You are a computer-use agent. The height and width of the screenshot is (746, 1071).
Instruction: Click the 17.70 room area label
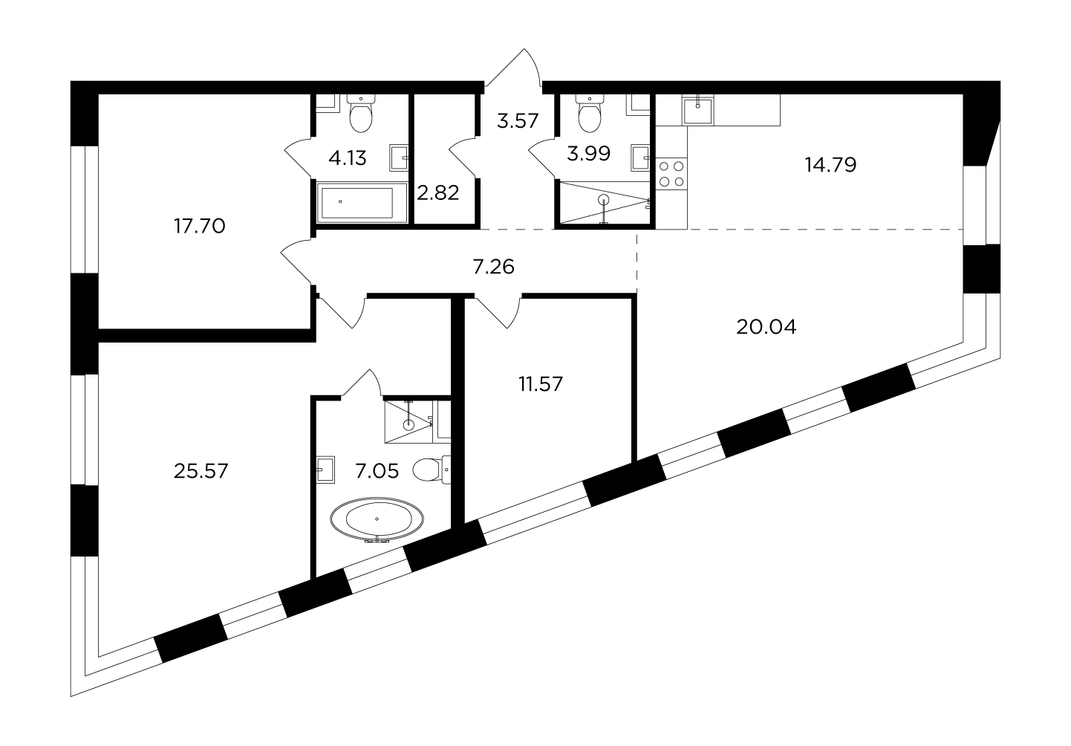(199, 226)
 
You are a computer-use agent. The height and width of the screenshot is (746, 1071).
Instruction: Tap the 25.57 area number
(201, 471)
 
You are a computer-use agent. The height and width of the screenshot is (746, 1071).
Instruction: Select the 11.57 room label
(541, 384)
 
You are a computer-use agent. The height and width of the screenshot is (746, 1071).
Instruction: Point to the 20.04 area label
(766, 327)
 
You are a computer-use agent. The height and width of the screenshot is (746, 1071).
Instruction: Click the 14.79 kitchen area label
(830, 165)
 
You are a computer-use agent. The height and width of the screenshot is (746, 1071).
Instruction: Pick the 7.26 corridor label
(493, 267)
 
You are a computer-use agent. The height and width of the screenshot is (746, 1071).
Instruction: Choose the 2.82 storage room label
(438, 192)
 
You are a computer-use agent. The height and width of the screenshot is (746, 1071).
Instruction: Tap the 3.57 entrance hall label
(518, 121)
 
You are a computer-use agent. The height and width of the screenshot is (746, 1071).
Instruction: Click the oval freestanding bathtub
(377, 520)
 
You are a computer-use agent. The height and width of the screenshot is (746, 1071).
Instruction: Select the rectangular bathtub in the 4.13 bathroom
(362, 202)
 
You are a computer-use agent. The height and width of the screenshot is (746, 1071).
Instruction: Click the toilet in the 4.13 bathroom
(361, 113)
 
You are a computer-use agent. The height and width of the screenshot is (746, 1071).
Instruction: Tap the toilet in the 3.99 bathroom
(590, 113)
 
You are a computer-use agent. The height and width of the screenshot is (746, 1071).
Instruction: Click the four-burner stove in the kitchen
(671, 174)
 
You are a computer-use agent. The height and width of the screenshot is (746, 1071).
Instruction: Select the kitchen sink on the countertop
(698, 111)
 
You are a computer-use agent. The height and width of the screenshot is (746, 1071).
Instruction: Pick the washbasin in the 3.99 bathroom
(640, 158)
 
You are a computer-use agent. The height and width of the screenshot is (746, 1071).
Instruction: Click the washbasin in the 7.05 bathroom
(325, 470)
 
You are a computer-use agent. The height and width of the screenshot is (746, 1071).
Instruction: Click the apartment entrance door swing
(513, 67)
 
